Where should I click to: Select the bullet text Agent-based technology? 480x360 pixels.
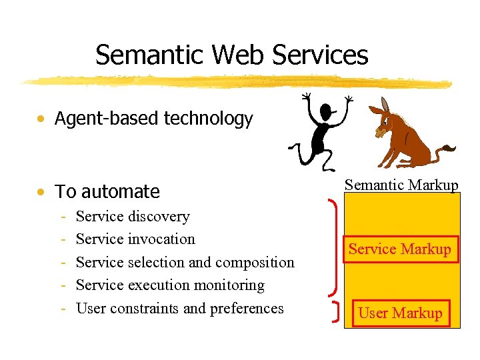click(153, 119)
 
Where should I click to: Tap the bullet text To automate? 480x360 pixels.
click(107, 192)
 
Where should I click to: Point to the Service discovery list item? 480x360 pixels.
click(133, 217)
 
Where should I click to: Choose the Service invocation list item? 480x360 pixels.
click(135, 239)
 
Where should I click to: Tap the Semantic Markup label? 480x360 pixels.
click(401, 185)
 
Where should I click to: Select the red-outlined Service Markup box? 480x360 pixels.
click(400, 249)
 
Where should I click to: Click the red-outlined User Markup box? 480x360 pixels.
click(400, 313)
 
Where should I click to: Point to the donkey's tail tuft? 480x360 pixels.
click(449, 149)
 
